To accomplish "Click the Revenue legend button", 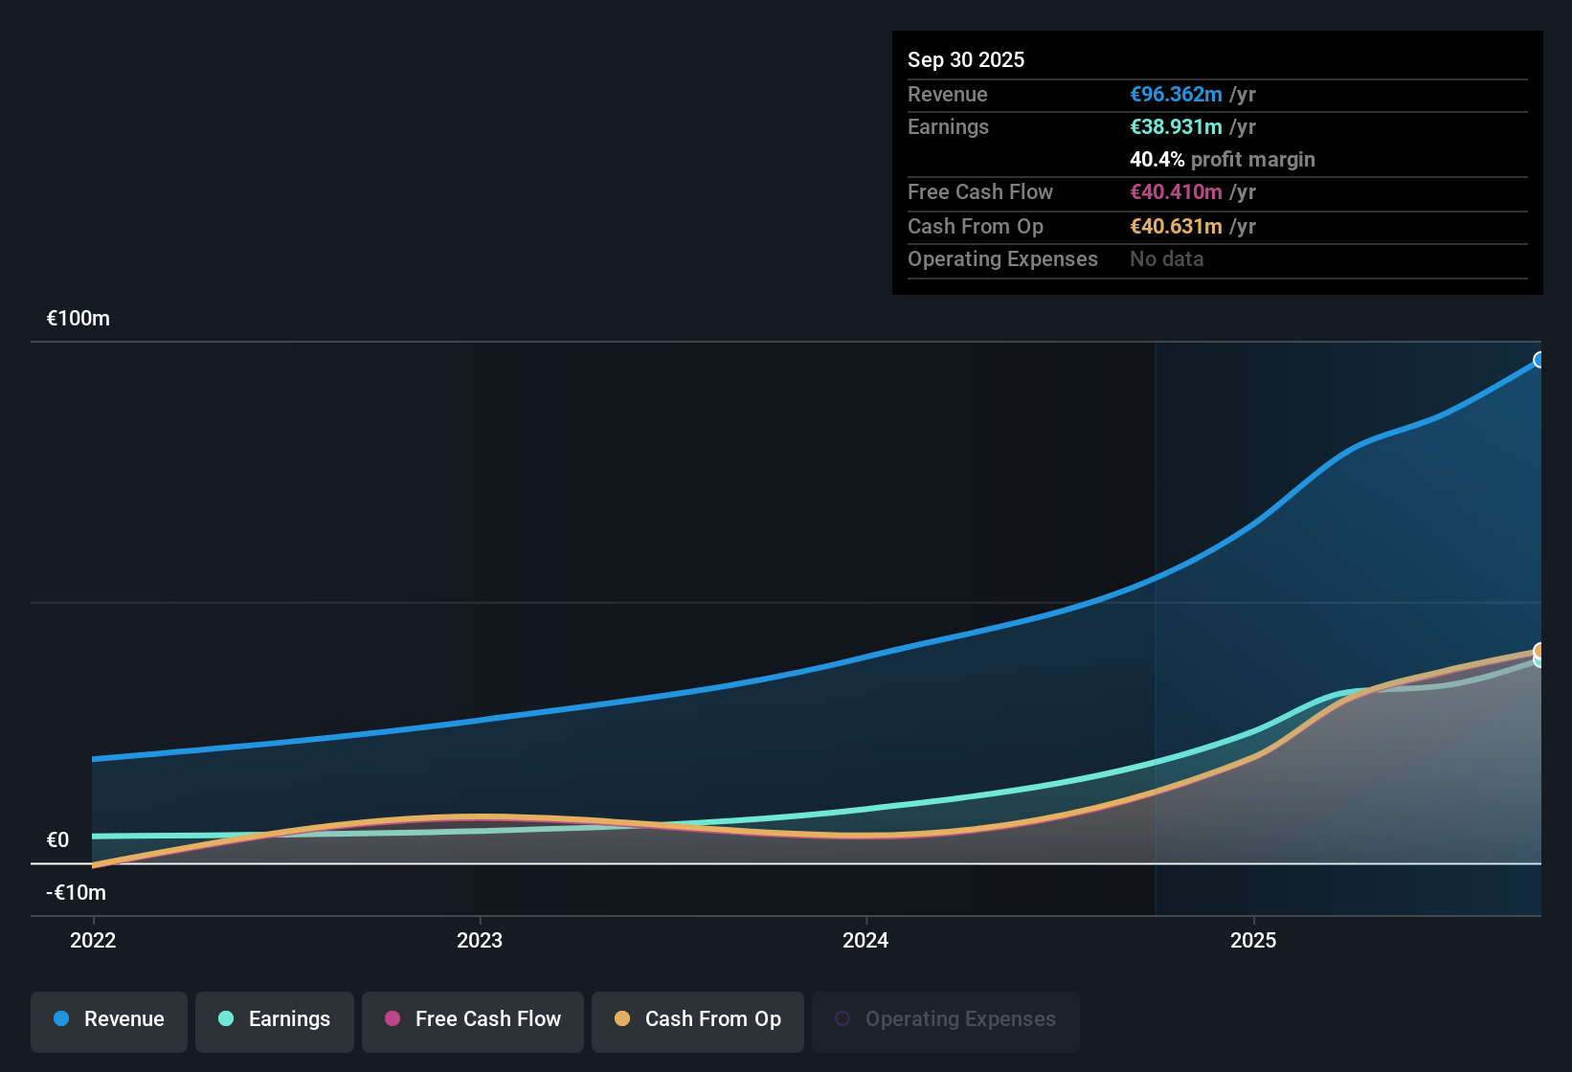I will (x=109, y=1019).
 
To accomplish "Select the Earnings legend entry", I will (x=275, y=1019).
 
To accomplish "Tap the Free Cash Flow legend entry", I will (x=473, y=1019).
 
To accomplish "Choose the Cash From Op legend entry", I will (x=698, y=1019).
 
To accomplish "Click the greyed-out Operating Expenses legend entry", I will (x=946, y=1019).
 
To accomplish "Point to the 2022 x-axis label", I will (x=93, y=940).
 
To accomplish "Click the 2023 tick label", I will (x=480, y=940).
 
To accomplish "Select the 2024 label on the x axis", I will (x=865, y=940).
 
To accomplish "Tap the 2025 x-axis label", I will (x=1253, y=940).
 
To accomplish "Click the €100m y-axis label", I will (x=79, y=319).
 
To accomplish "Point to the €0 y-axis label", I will (x=58, y=840).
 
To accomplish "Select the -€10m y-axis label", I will (x=77, y=893).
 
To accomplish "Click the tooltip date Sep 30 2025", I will (x=966, y=59).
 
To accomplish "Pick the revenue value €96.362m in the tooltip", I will (x=1176, y=95).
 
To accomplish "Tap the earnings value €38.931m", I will (x=1176, y=127).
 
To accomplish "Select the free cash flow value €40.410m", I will (x=1176, y=192).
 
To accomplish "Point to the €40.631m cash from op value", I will (x=1176, y=227).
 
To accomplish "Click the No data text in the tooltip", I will (x=1167, y=259).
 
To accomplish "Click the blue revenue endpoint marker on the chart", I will (x=1538, y=360).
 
